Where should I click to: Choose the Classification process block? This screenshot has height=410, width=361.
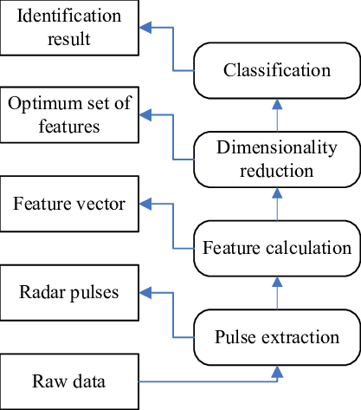point(277,70)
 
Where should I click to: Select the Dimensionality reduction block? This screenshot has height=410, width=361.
point(277,159)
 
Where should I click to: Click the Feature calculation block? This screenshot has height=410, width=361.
point(277,249)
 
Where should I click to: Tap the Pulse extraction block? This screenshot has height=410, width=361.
point(277,336)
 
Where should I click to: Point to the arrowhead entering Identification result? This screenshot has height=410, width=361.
point(145,28)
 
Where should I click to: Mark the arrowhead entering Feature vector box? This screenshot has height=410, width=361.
point(145,205)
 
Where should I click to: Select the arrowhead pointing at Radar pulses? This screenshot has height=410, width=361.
point(145,293)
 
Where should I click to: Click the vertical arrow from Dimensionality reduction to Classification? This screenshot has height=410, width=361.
point(277,114)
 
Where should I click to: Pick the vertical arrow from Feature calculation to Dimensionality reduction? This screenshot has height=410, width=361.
point(277,204)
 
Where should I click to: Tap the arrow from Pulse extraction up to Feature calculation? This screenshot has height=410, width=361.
point(277,292)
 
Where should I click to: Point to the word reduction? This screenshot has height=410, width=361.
point(277,170)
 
